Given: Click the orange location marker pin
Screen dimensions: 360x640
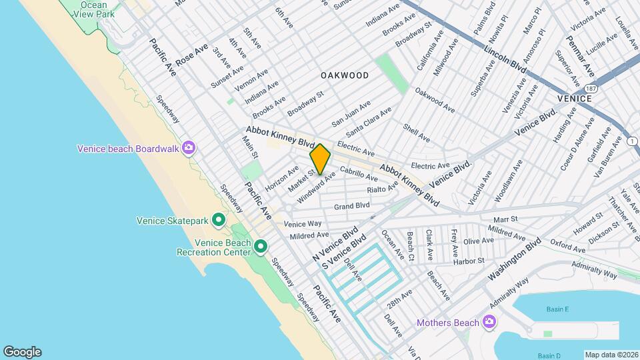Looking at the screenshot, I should click(x=320, y=159).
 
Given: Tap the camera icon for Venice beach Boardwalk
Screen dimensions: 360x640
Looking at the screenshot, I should click(x=189, y=148).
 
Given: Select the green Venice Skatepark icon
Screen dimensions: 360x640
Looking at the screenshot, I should click(x=218, y=220).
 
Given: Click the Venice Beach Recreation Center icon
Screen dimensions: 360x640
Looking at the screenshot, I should click(x=261, y=247).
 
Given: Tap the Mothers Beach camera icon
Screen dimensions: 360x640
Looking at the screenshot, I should click(x=489, y=323).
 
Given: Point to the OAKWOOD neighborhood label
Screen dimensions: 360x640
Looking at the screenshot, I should click(x=344, y=75).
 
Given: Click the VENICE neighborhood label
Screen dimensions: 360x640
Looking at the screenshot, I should click(x=574, y=99).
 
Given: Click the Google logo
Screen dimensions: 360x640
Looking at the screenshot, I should click(x=22, y=352).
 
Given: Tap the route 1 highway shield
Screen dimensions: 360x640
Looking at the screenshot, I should click(x=631, y=141).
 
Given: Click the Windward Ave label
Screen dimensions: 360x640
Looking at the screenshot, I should click(x=316, y=189).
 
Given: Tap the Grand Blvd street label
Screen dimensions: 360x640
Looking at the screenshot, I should click(x=351, y=206).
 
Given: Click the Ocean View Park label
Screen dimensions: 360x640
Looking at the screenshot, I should click(x=93, y=9).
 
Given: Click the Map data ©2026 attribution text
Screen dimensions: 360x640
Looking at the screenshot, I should click(x=611, y=354).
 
